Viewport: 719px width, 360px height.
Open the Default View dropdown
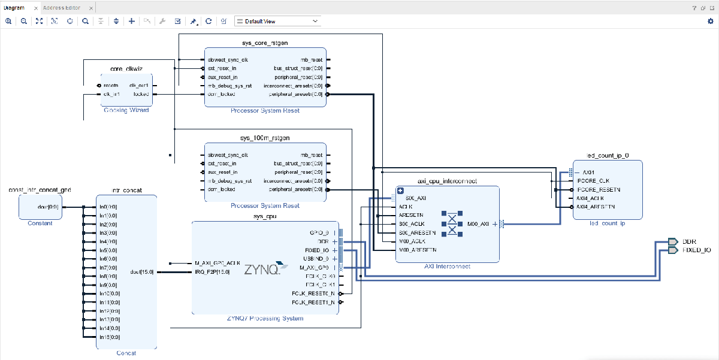point(277,21)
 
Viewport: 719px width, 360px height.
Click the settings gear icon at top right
point(711,21)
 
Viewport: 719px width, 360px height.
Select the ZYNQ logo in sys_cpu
point(262,270)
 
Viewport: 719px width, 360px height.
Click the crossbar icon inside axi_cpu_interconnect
point(452,223)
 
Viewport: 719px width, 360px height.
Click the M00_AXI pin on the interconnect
point(478,224)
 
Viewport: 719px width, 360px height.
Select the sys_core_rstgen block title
point(265,43)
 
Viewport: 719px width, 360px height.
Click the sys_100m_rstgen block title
point(265,138)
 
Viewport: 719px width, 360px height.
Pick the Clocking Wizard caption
point(126,110)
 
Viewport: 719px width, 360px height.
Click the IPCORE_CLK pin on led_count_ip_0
point(593,181)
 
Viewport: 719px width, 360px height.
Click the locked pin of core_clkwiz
point(141,94)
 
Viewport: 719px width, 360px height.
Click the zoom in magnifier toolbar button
point(8,21)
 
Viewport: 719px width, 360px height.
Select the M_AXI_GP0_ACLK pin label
point(217,263)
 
